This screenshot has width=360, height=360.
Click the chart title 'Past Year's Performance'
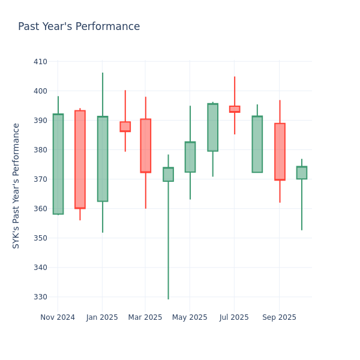click(79, 27)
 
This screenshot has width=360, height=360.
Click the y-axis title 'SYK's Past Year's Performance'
click(17, 185)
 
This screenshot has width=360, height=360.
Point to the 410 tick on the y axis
click(40, 61)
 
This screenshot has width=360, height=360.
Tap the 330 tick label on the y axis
click(40, 297)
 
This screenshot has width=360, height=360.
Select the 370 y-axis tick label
click(40, 179)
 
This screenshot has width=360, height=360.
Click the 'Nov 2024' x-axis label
click(58, 317)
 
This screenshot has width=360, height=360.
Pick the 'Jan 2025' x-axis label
click(102, 317)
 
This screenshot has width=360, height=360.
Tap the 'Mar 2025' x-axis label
click(145, 317)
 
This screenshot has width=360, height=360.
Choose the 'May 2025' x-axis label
click(190, 317)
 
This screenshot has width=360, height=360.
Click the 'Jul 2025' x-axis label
click(234, 317)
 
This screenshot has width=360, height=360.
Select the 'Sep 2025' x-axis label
click(279, 317)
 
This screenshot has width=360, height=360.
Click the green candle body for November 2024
click(58, 164)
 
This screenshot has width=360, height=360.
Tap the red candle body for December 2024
click(80, 159)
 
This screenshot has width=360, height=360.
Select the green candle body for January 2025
click(103, 158)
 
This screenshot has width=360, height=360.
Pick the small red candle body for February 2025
click(125, 127)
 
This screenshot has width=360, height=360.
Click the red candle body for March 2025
click(146, 145)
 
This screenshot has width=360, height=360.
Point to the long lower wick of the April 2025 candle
click(168, 240)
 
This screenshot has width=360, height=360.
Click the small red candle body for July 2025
click(235, 109)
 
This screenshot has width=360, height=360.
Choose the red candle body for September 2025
click(280, 151)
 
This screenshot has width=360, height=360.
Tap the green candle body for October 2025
click(302, 173)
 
